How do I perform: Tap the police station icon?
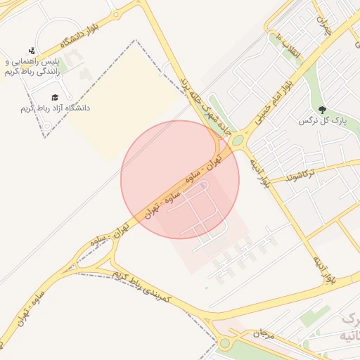click(x=32, y=51)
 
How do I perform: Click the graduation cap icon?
click(x=55, y=97)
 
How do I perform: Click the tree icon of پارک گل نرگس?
click(x=322, y=110)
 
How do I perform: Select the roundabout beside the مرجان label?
click(x=225, y=344)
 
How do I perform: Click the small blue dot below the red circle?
click(x=206, y=288)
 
